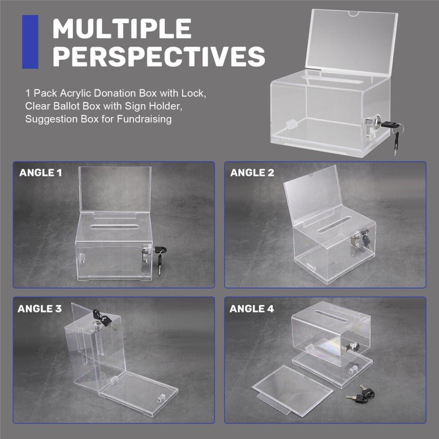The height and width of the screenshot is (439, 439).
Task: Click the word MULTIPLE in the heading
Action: pos(122,28)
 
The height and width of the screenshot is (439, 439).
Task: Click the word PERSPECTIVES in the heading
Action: pos(159,56)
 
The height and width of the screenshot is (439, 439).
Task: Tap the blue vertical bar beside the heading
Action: pos(30,42)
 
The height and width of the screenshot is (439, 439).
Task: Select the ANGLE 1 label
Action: pos(41,173)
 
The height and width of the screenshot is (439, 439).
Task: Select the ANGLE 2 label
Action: pos(252,173)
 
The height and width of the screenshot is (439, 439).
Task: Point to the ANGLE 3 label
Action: pos(39,309)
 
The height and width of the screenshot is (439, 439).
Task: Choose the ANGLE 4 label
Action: pos(252,309)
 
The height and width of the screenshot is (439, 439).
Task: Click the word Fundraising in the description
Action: pos(144,119)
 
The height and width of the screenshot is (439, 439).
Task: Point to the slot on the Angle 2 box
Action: pos(334,225)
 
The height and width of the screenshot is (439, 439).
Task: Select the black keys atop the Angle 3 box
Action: pos(102,318)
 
